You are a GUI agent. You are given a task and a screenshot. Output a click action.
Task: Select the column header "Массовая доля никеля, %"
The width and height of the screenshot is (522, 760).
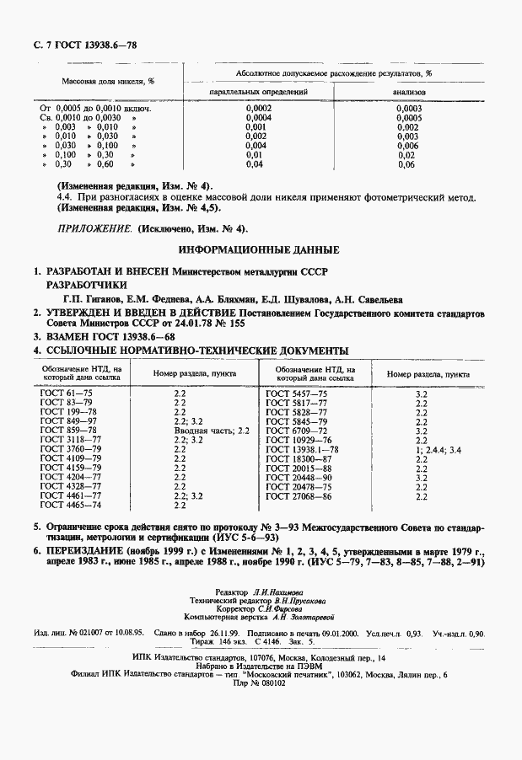point(107,82)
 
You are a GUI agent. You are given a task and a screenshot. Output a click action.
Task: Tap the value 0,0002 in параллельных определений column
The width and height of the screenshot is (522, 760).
point(257,109)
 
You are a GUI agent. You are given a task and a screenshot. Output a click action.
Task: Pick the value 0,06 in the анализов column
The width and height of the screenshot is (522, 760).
point(406,164)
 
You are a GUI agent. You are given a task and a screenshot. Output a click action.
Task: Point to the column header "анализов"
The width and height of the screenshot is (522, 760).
point(409,91)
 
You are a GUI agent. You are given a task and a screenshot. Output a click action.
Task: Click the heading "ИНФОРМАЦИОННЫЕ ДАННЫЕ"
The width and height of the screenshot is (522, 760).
point(260,250)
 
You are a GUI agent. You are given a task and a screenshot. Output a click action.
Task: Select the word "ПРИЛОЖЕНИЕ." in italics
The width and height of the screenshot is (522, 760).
point(89,228)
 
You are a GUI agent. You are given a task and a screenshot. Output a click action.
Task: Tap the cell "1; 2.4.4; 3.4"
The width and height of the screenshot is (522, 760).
point(439,451)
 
